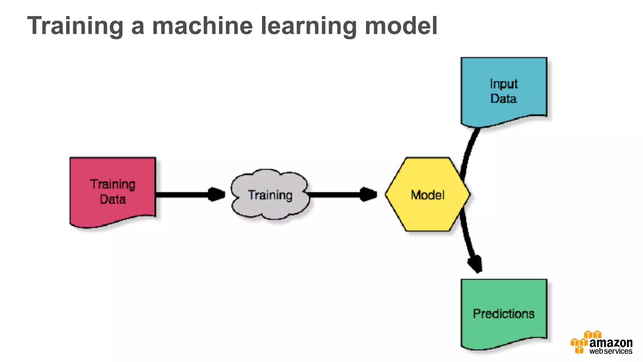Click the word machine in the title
(x=202, y=26)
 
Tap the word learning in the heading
(x=309, y=26)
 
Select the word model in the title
(x=401, y=26)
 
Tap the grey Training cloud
(x=270, y=207)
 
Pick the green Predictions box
(x=504, y=330)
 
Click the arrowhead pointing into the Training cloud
(x=217, y=194)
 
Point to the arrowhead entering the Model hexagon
(x=368, y=194)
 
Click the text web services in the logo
(x=611, y=351)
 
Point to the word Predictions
(x=504, y=314)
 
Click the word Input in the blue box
(x=504, y=84)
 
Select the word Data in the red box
(x=113, y=200)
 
